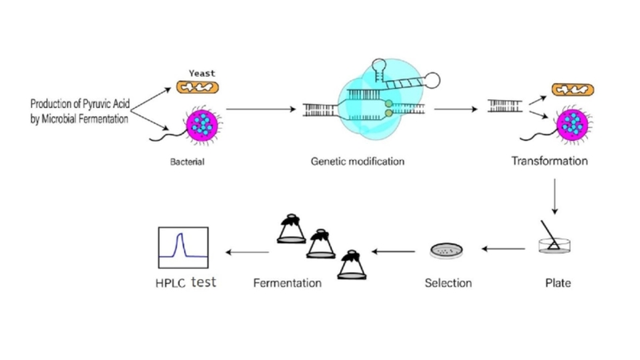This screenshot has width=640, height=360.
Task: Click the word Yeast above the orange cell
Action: pos(202,73)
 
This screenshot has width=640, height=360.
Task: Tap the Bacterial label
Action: pos(189,162)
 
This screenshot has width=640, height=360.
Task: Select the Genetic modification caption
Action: pos(358,162)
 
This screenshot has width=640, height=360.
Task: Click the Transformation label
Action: pos(550,161)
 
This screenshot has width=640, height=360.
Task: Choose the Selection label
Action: pos(447,282)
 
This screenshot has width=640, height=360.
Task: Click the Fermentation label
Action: pos(287,282)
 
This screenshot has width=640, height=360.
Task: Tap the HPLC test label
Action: pos(186,282)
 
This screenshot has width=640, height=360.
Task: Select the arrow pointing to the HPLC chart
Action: pos(247,252)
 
